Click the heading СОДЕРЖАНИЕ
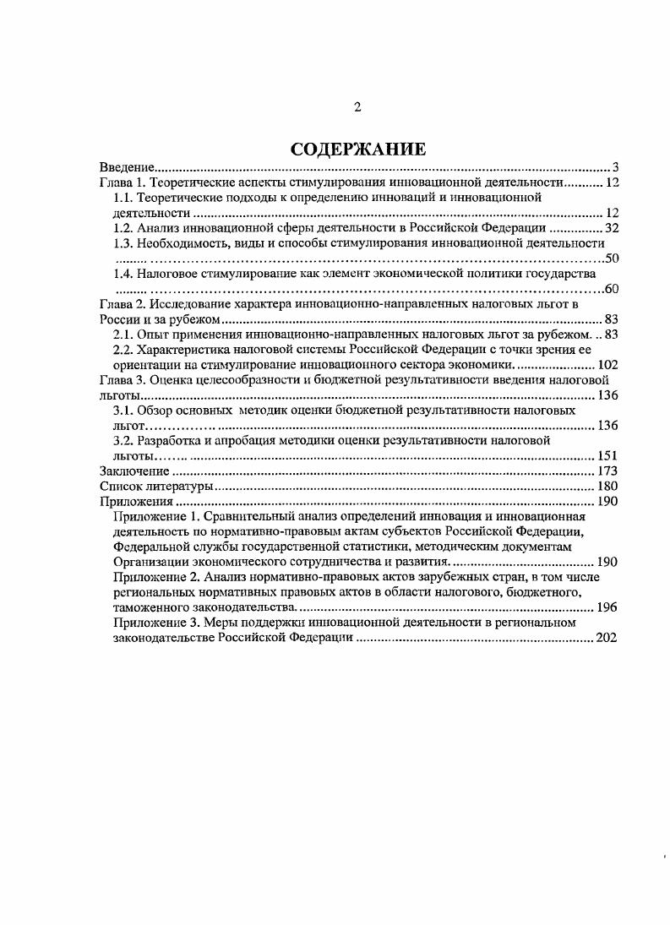[x=357, y=150]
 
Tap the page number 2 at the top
[x=357, y=107]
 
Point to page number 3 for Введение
[x=616, y=166]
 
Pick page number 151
[x=608, y=456]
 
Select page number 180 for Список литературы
[x=608, y=487]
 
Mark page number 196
[x=608, y=607]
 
